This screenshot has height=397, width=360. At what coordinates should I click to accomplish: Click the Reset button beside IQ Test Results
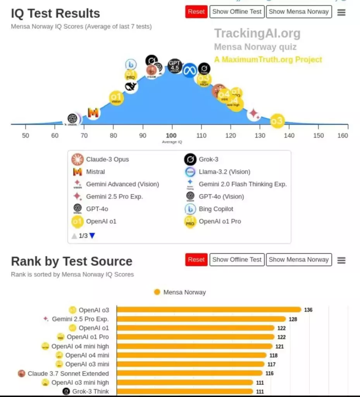point(196,12)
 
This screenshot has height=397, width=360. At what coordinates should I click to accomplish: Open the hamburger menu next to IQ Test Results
point(341,12)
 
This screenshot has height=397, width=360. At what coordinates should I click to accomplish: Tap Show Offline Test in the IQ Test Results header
point(237,12)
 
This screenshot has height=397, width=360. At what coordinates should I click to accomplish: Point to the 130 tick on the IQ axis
point(260,135)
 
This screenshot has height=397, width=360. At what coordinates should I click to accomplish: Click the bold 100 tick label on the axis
point(171,135)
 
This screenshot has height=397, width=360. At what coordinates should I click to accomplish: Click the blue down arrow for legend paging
point(92,235)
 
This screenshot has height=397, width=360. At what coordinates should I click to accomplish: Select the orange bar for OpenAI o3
point(208,309)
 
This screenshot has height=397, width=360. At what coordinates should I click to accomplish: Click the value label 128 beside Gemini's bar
point(293,319)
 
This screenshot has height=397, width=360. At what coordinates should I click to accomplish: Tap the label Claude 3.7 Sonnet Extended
point(68,373)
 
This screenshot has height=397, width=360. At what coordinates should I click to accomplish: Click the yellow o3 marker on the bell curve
point(277,121)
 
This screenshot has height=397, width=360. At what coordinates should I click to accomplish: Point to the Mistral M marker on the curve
point(93,113)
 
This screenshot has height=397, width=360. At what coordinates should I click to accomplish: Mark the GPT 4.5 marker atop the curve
point(175,66)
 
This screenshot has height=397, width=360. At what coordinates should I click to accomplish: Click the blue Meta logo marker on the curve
point(190,70)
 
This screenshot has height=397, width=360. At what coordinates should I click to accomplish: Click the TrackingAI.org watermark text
point(257,33)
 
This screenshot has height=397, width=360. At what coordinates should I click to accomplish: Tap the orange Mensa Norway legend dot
point(157,292)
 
